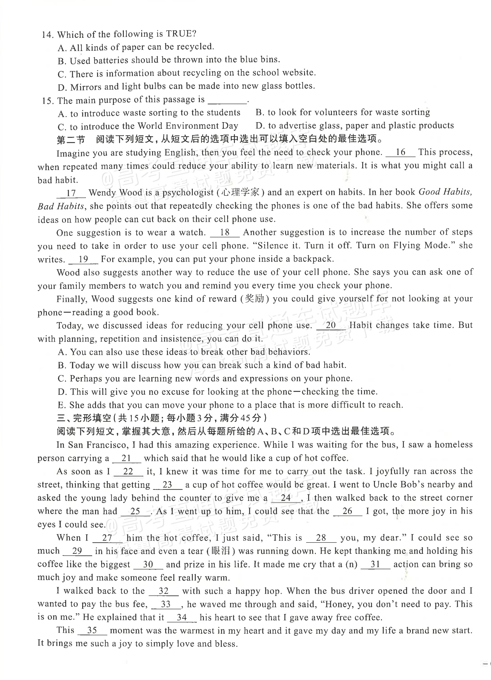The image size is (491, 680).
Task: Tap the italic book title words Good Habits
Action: coord(445,192)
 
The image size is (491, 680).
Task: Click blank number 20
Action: coord(331,325)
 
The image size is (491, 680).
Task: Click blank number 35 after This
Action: coord(92,631)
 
